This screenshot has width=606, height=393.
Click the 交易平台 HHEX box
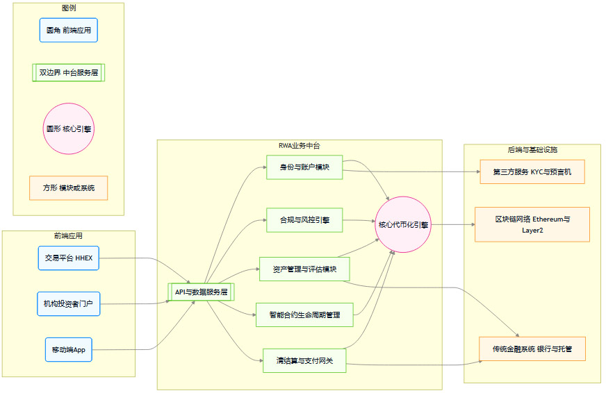[x=69, y=258]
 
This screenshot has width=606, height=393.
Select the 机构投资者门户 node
[x=69, y=303]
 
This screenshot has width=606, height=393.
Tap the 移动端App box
[x=68, y=349]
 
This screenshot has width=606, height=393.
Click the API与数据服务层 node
[x=202, y=292]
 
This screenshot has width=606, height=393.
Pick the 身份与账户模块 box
[x=304, y=167]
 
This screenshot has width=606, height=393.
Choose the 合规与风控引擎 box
[x=304, y=220]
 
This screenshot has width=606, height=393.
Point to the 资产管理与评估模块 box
[x=304, y=269]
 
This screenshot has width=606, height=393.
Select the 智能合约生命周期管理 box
[x=304, y=315]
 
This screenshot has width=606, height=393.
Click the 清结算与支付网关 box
[x=304, y=360]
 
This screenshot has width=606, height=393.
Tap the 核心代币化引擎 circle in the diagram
[x=403, y=224]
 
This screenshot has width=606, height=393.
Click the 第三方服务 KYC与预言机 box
[x=532, y=171]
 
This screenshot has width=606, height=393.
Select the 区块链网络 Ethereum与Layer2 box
[x=532, y=224]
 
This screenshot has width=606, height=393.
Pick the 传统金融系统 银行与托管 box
[x=532, y=349]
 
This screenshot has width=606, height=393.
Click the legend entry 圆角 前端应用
[x=68, y=31]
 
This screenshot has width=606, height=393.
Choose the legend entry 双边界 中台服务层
[x=68, y=72]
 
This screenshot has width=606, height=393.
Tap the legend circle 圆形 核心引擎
[x=68, y=128]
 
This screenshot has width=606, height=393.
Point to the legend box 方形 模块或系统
[x=68, y=188]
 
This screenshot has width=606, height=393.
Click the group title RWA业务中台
[x=299, y=146]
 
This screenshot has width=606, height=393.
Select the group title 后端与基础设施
[x=532, y=150]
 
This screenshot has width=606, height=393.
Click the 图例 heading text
[x=68, y=8]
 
